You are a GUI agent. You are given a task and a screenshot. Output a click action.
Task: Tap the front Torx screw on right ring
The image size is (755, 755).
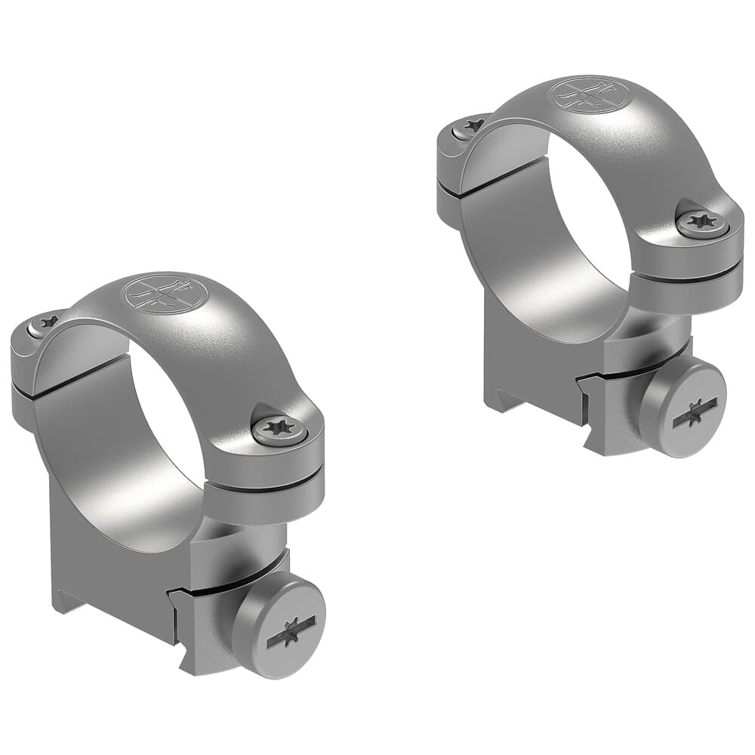(x=703, y=222)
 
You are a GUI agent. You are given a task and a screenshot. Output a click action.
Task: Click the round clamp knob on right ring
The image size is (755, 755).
(x=683, y=408)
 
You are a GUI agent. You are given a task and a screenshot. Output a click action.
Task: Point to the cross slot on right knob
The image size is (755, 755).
(x=694, y=411)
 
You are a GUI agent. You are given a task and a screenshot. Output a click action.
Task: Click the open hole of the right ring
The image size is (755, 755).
(x=596, y=226)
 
